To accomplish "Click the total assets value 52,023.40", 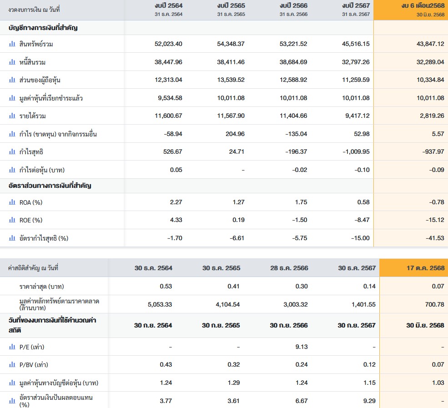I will tap(168, 44).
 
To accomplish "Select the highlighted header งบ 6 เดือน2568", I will tap(423, 5).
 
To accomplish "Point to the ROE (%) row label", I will tap(31, 220).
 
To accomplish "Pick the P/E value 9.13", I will tap(301, 347).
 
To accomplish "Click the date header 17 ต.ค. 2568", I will tap(425, 268).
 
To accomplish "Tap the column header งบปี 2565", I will tap(231, 5).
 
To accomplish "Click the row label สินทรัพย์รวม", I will tap(39, 44).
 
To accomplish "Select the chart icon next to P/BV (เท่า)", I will tap(12, 365).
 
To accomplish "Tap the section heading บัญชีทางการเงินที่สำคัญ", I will tap(43, 28).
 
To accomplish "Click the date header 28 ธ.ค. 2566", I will tap(289, 268).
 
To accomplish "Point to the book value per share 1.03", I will tap(438, 383).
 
